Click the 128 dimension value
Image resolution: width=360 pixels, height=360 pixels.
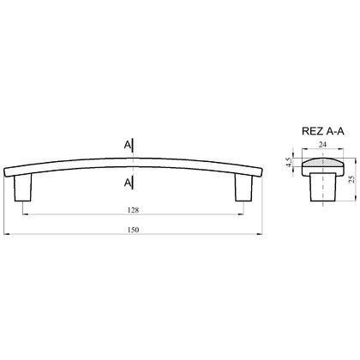tap(134, 210)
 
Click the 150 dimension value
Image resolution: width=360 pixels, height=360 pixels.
tap(134, 230)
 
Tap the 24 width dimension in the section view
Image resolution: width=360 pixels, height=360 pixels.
tap(322, 145)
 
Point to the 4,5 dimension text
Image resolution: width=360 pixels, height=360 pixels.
tap(289, 162)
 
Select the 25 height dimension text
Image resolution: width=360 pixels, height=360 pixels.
tap(352, 179)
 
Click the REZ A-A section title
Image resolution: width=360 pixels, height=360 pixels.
tap(323, 131)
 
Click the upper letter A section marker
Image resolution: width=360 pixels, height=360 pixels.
tap(127, 146)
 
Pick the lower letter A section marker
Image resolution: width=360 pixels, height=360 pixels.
tap(127, 183)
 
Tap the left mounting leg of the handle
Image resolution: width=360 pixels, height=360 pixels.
tap(22, 189)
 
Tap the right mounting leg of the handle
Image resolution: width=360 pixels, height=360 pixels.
tap(244, 189)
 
